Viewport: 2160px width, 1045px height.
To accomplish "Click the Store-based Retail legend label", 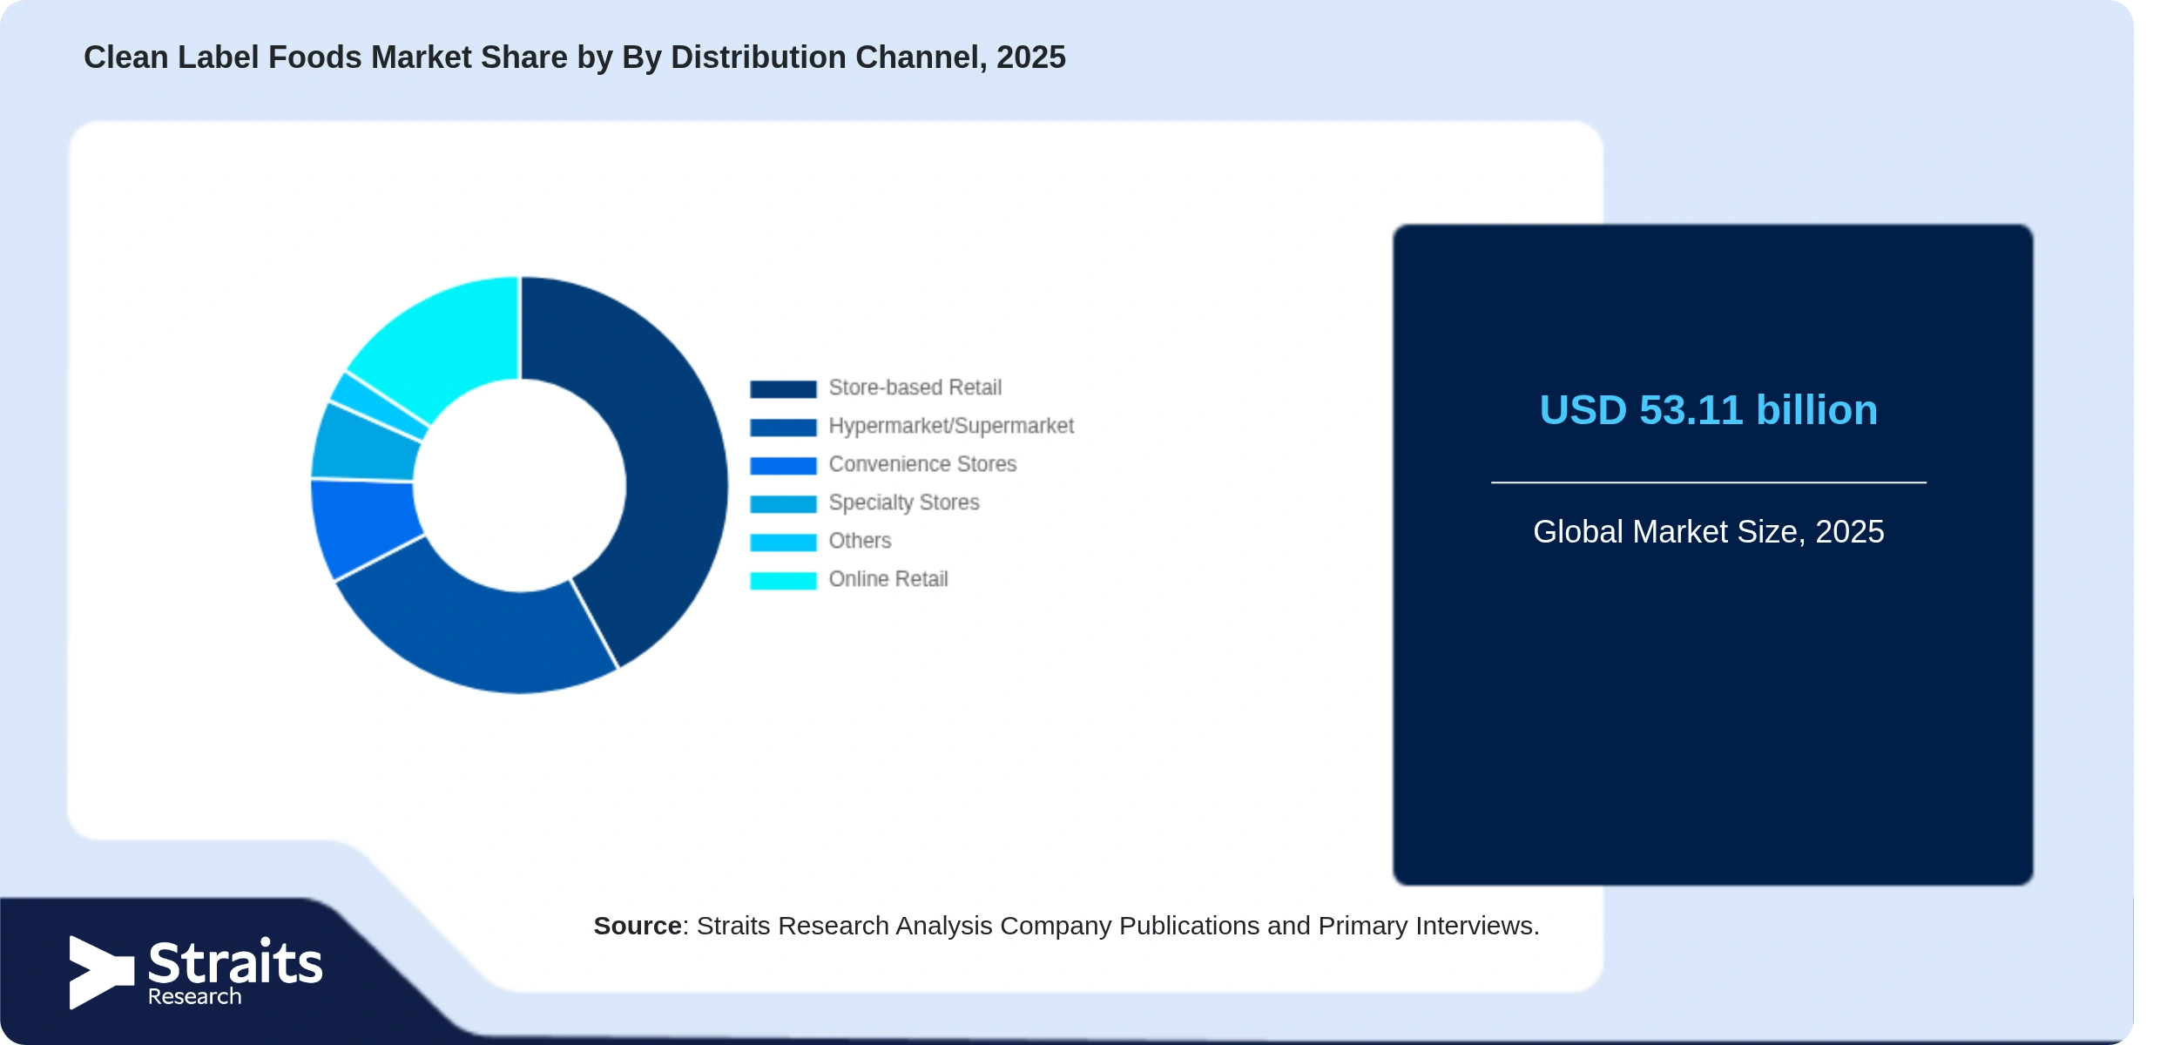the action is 915,388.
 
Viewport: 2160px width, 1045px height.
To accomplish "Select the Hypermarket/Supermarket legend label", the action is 951,426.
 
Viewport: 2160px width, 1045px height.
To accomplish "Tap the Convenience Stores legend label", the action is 922,464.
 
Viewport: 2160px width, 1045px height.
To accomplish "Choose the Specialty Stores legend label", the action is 904,502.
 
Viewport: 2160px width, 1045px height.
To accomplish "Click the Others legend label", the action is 860,541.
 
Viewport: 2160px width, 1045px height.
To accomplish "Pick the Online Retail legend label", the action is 888,579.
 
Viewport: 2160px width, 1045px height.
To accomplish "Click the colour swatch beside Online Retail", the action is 783,580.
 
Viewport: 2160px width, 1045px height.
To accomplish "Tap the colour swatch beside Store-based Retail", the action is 783,388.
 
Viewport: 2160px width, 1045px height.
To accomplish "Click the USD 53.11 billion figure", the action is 1708,410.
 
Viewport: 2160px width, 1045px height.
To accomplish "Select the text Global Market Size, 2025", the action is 1708,531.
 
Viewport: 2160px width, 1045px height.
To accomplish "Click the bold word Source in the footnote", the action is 638,926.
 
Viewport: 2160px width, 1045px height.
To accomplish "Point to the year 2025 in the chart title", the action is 1031,57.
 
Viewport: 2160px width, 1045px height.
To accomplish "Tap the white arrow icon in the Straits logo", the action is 101,972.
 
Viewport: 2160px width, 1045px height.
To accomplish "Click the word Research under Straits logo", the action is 194,996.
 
